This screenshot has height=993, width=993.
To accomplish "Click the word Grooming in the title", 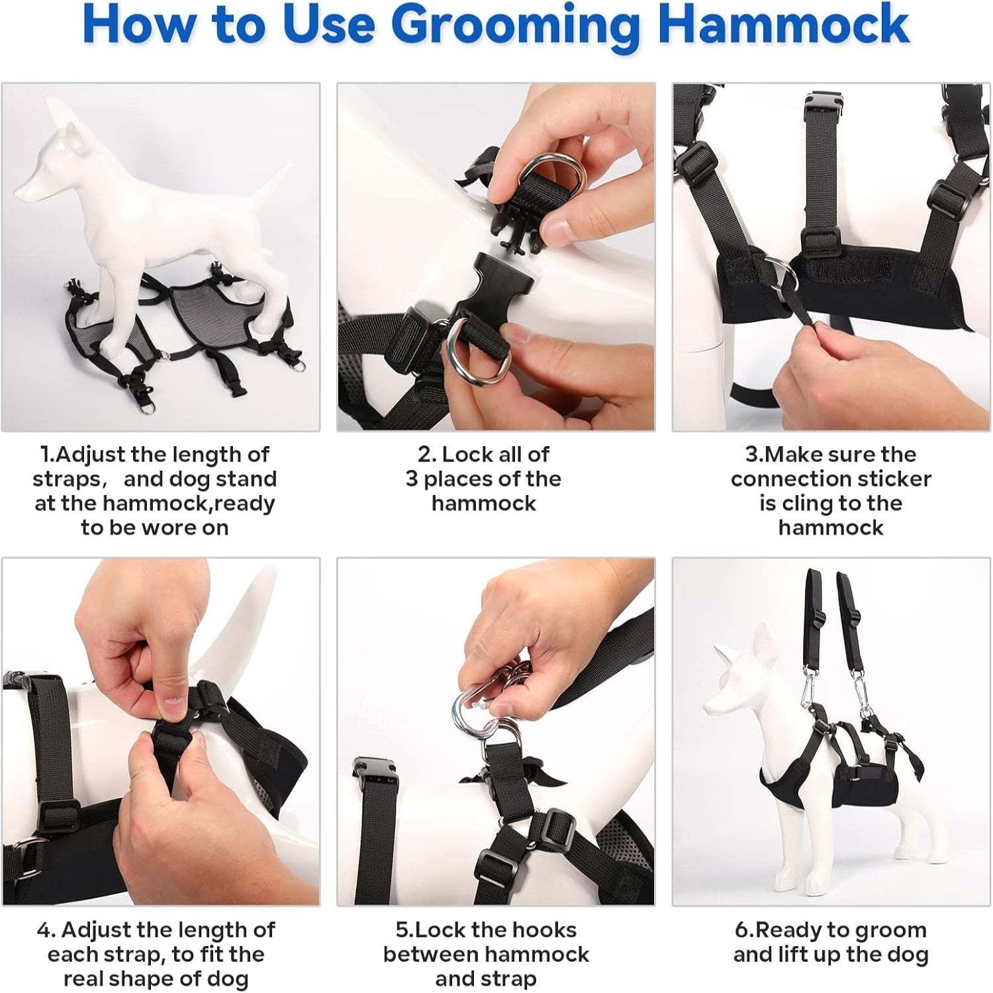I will (520, 25).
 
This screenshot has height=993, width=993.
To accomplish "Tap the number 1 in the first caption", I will (45, 455).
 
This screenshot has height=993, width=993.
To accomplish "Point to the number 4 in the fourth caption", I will (44, 930).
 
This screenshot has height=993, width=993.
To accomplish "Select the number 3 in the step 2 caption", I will (412, 479).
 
